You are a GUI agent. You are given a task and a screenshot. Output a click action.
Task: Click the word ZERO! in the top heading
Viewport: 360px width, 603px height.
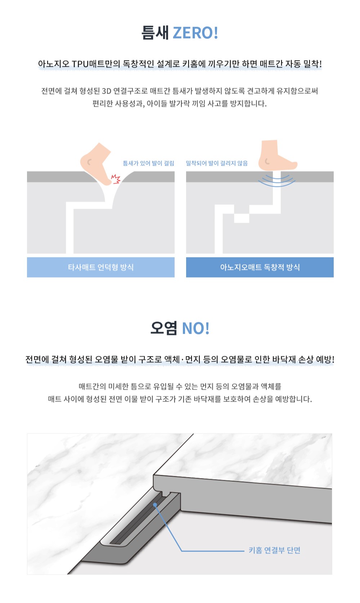195,33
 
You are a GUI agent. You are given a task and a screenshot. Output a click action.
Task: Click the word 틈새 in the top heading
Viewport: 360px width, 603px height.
156,33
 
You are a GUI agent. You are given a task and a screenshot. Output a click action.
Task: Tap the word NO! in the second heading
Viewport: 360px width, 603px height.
196,328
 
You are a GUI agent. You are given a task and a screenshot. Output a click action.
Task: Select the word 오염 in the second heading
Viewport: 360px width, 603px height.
164,328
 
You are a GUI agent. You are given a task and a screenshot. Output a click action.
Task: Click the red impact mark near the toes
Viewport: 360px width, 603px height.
116,179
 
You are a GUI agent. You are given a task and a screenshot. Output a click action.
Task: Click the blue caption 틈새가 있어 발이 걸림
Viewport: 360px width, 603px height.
149,163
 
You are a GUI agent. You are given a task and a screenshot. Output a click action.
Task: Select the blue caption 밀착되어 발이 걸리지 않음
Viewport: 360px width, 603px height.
217,163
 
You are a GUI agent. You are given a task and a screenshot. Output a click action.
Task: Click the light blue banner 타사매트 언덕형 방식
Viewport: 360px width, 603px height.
101,267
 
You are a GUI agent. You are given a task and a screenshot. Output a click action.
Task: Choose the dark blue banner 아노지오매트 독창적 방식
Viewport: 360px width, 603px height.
260,267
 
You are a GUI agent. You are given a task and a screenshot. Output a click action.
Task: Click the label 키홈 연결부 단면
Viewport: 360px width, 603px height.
274,550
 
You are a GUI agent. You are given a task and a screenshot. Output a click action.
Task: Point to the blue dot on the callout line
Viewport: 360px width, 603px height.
155,505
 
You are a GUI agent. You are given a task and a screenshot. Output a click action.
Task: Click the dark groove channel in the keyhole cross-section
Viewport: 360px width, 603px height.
137,519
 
